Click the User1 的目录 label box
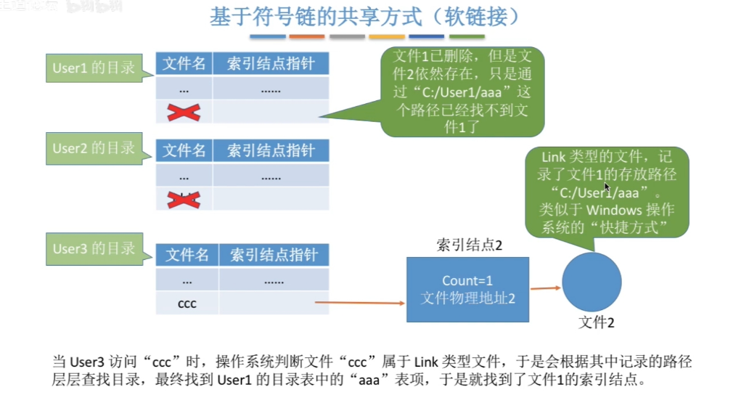click(94, 68)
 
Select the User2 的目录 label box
click(94, 148)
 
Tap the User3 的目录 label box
click(94, 248)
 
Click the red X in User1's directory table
click(184, 112)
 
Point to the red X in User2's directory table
click(184, 199)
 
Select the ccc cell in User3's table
click(187, 304)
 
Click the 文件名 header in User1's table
click(184, 64)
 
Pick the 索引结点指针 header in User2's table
click(271, 151)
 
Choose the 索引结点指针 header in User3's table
click(273, 255)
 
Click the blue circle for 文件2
click(591, 282)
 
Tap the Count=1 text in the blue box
click(469, 281)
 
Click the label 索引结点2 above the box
click(469, 245)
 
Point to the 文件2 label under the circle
click(597, 322)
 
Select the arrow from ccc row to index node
click(359, 302)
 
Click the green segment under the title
click(466, 36)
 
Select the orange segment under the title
click(307, 36)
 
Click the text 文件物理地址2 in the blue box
click(469, 297)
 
